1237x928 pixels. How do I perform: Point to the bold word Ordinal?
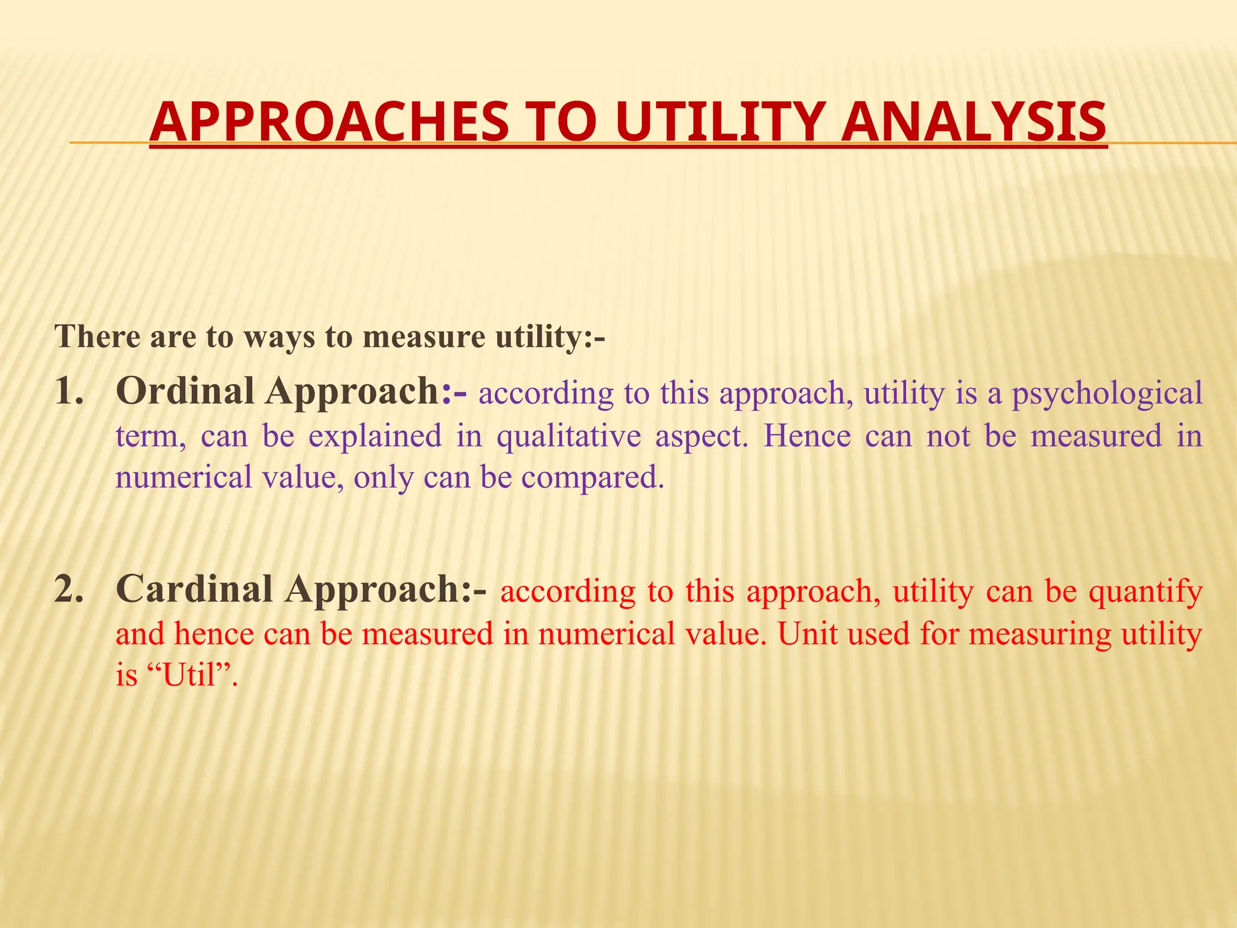click(x=185, y=391)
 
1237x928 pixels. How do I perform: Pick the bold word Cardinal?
click(x=194, y=589)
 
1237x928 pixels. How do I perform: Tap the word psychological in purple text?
click(x=1107, y=394)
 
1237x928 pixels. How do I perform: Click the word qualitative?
click(x=568, y=436)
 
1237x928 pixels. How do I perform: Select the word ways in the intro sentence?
click(x=279, y=337)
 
